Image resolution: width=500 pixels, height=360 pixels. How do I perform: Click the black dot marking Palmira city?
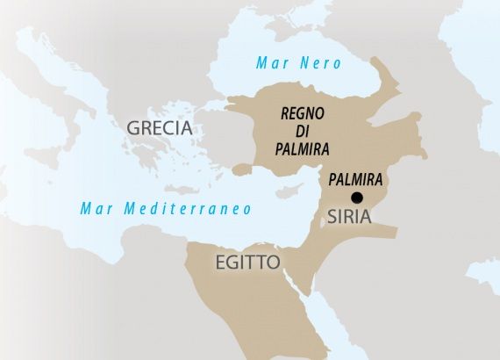pyautogui.click(x=357, y=198)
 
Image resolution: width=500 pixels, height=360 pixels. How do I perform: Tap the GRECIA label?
pyautogui.click(x=160, y=128)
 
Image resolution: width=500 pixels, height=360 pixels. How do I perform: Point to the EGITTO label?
pyautogui.click(x=247, y=262)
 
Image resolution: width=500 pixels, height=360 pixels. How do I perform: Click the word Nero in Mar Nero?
pyautogui.click(x=320, y=63)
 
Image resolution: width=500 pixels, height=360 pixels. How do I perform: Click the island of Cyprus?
pyautogui.click(x=285, y=191)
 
